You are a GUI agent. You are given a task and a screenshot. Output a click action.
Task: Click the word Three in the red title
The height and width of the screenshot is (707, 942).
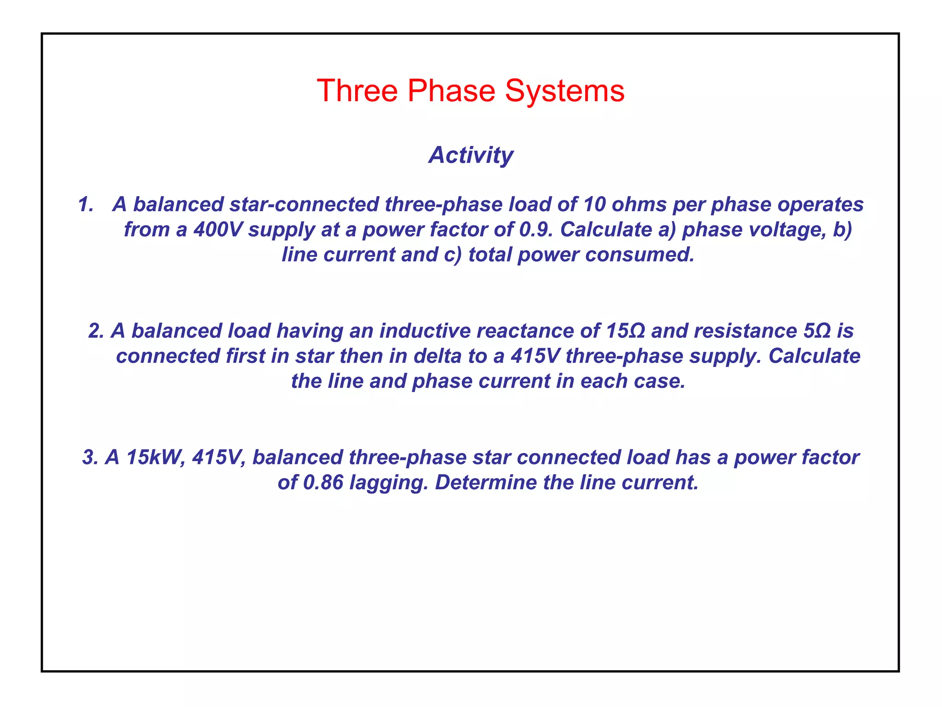[x=357, y=91]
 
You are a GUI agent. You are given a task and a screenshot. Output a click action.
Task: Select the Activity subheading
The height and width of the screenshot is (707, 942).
[x=471, y=155]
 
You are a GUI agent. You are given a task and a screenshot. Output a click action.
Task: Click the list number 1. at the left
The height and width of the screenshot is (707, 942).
[x=86, y=204]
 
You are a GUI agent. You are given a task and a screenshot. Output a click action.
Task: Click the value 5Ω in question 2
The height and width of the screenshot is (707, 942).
[x=817, y=331]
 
